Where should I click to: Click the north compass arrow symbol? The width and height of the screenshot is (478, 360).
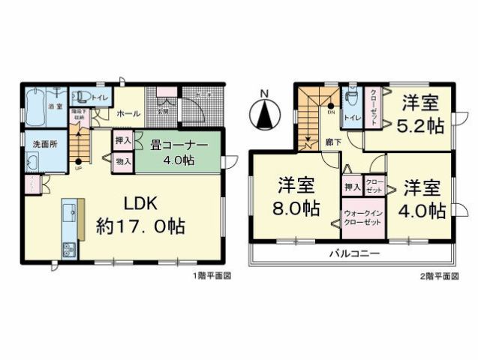coord(263,113)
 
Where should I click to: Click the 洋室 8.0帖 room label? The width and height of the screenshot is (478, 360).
coord(295,197)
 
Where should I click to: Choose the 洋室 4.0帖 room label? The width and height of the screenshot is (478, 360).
coord(419,197)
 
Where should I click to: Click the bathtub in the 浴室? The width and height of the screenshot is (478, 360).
coord(35,108)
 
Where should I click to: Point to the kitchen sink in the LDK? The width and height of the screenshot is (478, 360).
coord(68,248)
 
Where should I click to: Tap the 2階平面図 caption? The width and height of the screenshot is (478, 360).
coord(438,276)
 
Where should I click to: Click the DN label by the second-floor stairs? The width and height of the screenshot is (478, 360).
coord(331,112)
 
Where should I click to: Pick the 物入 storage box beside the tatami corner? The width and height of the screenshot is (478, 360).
coord(123,160)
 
